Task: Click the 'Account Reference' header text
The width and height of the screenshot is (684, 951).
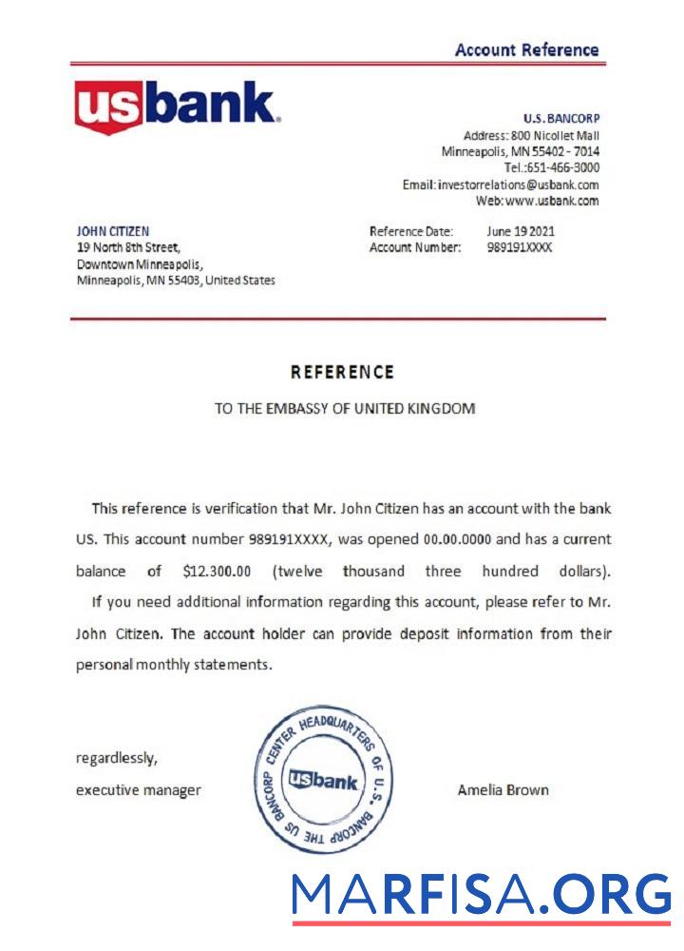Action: pyautogui.click(x=526, y=50)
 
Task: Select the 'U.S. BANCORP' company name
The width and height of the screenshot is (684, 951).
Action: pyautogui.click(x=560, y=119)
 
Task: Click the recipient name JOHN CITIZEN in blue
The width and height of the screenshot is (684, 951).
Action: pyautogui.click(x=112, y=231)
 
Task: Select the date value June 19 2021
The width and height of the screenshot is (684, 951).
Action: pyautogui.click(x=521, y=231)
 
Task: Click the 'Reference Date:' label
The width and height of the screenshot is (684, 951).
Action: pyautogui.click(x=411, y=231)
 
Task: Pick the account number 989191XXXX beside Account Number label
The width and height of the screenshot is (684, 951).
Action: pyautogui.click(x=519, y=247)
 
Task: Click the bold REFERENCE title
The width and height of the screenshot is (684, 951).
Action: pyautogui.click(x=342, y=372)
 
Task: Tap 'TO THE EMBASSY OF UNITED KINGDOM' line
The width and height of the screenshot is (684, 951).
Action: pyautogui.click(x=344, y=409)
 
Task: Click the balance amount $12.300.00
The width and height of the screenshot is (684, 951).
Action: pyautogui.click(x=216, y=572)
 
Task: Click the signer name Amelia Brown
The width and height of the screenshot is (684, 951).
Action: pyautogui.click(x=503, y=789)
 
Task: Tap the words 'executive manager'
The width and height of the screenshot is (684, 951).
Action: pyautogui.click(x=138, y=789)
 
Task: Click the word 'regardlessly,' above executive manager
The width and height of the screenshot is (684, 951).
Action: pyautogui.click(x=116, y=758)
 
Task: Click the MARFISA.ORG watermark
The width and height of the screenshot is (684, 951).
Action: pyautogui.click(x=481, y=896)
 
